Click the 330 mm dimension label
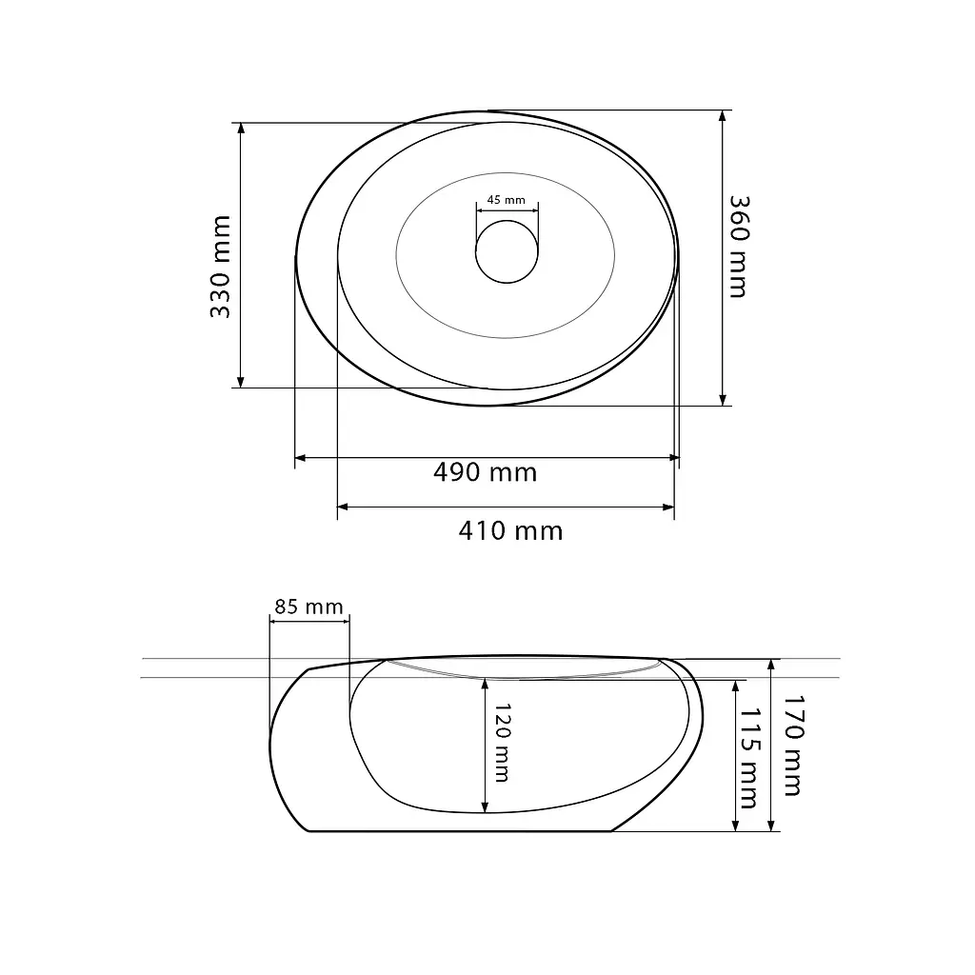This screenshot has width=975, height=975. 221,267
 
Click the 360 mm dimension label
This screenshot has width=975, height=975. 739,247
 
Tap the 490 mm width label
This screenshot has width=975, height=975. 485,472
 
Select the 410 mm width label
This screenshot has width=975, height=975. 510,531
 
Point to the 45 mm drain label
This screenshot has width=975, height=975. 507,200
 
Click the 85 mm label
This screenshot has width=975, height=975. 309,607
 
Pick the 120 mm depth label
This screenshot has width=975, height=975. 502,743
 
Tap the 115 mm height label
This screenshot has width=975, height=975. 748,758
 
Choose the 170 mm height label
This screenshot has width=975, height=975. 793,746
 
